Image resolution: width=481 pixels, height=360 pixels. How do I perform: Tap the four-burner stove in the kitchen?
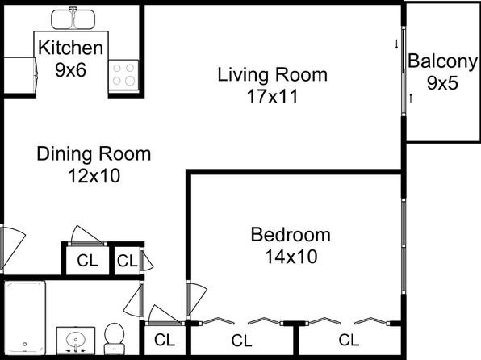pos(123,75)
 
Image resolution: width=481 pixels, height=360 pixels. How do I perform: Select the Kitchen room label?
pos(70,48)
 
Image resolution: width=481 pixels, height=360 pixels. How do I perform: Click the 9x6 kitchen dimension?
pos(70,70)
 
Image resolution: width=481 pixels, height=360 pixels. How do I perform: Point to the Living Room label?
pos(273,74)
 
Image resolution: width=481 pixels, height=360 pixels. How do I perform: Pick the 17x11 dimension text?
pos(273,97)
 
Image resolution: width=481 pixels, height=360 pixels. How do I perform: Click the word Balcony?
pos(442,62)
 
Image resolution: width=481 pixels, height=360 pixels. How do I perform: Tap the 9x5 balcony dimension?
pos(442,83)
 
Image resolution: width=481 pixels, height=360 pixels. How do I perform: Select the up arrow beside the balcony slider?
pos(411,98)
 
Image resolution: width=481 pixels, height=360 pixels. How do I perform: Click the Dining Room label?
pos(94,153)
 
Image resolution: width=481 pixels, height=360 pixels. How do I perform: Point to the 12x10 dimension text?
pos(94,176)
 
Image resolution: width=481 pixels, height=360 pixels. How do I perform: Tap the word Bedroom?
pos(291,235)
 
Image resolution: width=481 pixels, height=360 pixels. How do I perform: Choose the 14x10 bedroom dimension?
pos(291,257)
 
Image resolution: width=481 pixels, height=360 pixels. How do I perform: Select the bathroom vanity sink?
pos(76,341)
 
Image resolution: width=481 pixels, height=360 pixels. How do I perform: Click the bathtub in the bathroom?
pos(25,317)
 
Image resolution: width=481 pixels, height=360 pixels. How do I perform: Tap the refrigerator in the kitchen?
pos(20,75)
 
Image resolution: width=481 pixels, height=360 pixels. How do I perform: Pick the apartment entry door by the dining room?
pos(12,249)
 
